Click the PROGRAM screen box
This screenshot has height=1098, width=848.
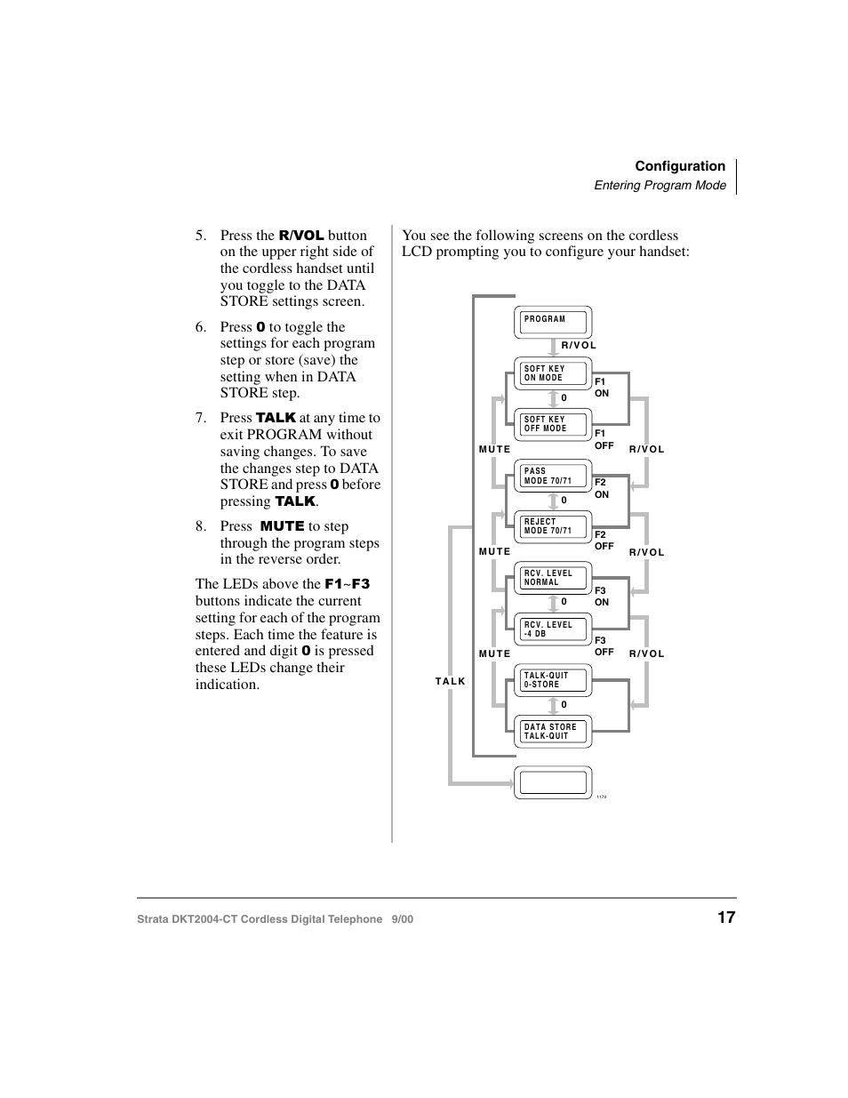tap(553, 322)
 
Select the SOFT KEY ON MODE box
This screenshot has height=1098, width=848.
tap(553, 373)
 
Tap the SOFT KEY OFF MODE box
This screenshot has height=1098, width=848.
tap(553, 424)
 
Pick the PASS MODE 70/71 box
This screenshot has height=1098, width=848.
tap(553, 476)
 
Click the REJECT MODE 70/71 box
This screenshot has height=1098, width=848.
tap(553, 526)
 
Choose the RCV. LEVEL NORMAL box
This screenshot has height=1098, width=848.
tap(553, 578)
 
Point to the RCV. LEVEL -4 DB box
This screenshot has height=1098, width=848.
tap(553, 629)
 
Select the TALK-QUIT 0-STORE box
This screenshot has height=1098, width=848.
tap(553, 680)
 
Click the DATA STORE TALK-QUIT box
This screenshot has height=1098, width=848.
tap(553, 731)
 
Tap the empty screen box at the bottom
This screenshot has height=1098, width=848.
tap(553, 782)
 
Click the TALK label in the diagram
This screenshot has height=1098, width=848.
tap(450, 681)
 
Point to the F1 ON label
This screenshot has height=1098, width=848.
tap(602, 388)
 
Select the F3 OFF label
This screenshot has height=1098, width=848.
tap(604, 646)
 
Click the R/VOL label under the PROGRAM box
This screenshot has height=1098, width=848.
tap(579, 345)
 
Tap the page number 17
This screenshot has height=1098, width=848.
tap(726, 918)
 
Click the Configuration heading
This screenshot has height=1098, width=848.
tap(680, 166)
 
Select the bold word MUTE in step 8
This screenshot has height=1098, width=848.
tap(282, 526)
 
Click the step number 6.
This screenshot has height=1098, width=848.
tap(201, 327)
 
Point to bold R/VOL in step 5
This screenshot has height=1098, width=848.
tap(301, 236)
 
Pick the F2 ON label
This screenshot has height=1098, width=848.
tap(602, 489)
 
